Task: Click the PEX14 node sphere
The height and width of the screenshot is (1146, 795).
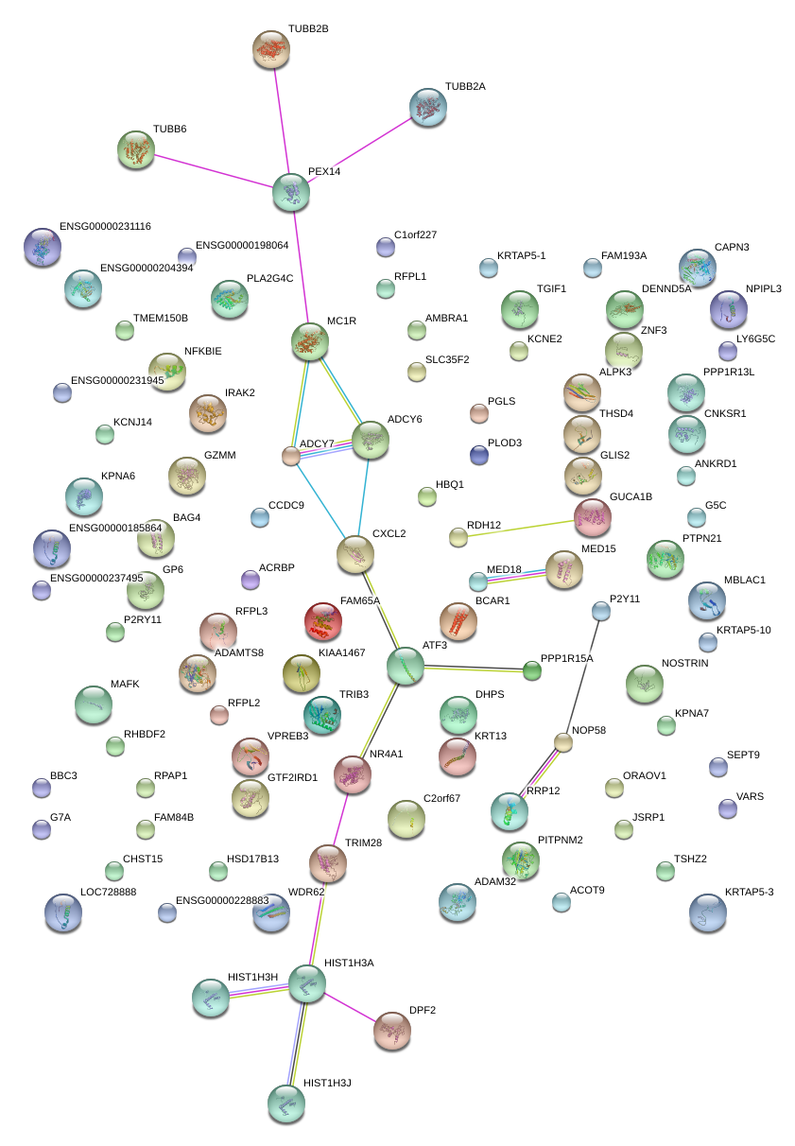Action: click(291, 192)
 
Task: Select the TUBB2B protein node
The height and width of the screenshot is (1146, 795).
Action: click(272, 48)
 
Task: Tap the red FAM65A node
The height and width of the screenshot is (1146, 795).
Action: click(323, 621)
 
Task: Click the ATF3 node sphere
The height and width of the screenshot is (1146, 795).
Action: click(406, 666)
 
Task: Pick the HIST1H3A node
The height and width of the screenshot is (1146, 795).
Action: click(306, 984)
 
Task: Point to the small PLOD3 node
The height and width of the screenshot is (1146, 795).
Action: click(479, 455)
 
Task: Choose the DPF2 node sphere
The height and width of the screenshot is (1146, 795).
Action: click(392, 1031)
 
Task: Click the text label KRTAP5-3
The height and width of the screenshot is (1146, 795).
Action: click(749, 892)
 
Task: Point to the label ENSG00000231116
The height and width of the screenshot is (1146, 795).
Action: click(105, 227)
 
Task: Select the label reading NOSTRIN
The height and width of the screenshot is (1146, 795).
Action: click(685, 663)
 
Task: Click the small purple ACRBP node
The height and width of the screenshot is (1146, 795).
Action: click(251, 579)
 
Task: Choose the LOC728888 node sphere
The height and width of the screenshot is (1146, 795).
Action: click(63, 912)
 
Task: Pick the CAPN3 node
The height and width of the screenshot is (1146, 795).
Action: click(698, 269)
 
